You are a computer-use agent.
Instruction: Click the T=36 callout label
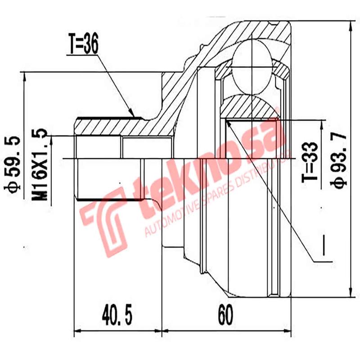coord(84,45)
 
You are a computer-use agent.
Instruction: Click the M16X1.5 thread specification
coord(40,165)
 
